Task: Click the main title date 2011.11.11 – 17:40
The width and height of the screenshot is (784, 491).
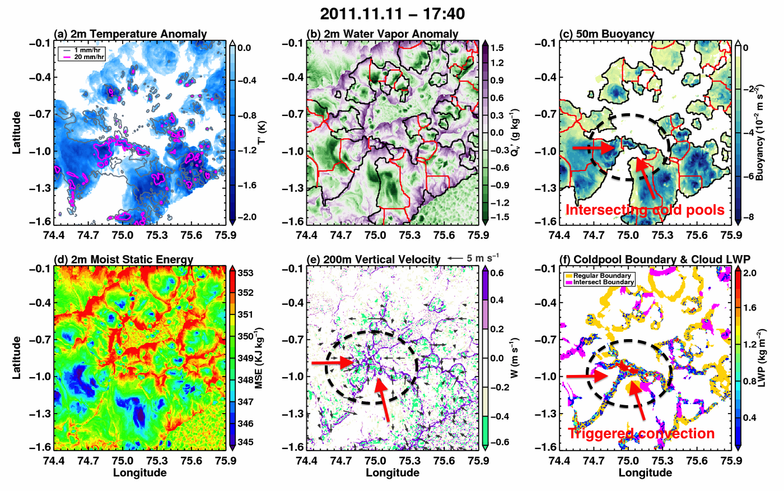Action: click(392, 14)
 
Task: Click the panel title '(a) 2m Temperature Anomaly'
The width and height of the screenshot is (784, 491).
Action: click(130, 34)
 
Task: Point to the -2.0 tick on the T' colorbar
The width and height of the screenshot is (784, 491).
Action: click(247, 217)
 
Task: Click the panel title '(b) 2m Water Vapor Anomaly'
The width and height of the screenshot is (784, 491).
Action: click(382, 34)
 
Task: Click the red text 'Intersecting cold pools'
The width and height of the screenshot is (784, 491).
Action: click(645, 210)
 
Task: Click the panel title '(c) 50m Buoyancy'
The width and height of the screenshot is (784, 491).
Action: click(606, 34)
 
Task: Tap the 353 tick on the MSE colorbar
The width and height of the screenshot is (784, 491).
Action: click(246, 273)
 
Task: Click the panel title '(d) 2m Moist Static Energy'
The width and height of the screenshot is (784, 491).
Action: click(123, 260)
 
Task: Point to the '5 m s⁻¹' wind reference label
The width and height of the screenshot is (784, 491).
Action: click(483, 258)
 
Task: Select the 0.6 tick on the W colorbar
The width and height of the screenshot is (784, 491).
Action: click(498, 273)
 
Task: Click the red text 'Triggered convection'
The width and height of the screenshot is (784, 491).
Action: click(641, 434)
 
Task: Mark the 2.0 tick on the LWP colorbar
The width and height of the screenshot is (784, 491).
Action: click(749, 273)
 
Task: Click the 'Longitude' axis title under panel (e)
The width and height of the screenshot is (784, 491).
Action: click(393, 473)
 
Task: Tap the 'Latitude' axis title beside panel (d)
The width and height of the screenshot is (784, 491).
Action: click(16, 358)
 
